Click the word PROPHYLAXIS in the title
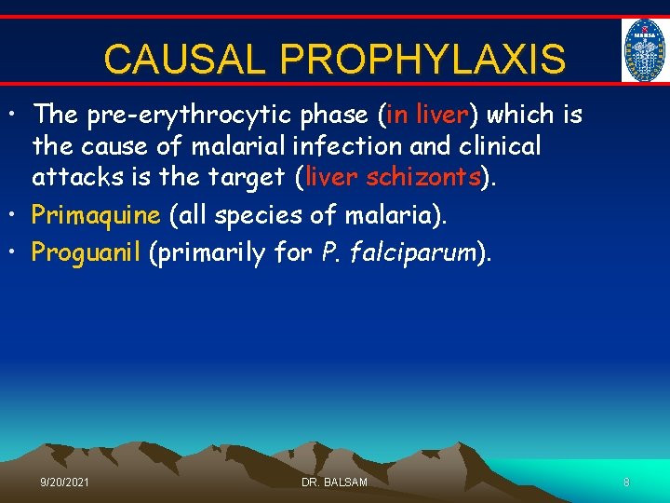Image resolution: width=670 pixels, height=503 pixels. (x=422, y=59)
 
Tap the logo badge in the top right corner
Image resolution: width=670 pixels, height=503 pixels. (x=645, y=51)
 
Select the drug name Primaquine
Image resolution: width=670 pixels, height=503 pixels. (x=96, y=215)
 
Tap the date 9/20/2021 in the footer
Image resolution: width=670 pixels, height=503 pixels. (x=65, y=482)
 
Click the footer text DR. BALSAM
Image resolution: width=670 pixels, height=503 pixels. (x=334, y=482)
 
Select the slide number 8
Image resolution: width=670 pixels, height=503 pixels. (x=626, y=482)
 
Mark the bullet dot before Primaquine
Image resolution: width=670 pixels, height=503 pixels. (x=17, y=215)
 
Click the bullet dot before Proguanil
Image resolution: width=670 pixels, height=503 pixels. (x=17, y=252)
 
